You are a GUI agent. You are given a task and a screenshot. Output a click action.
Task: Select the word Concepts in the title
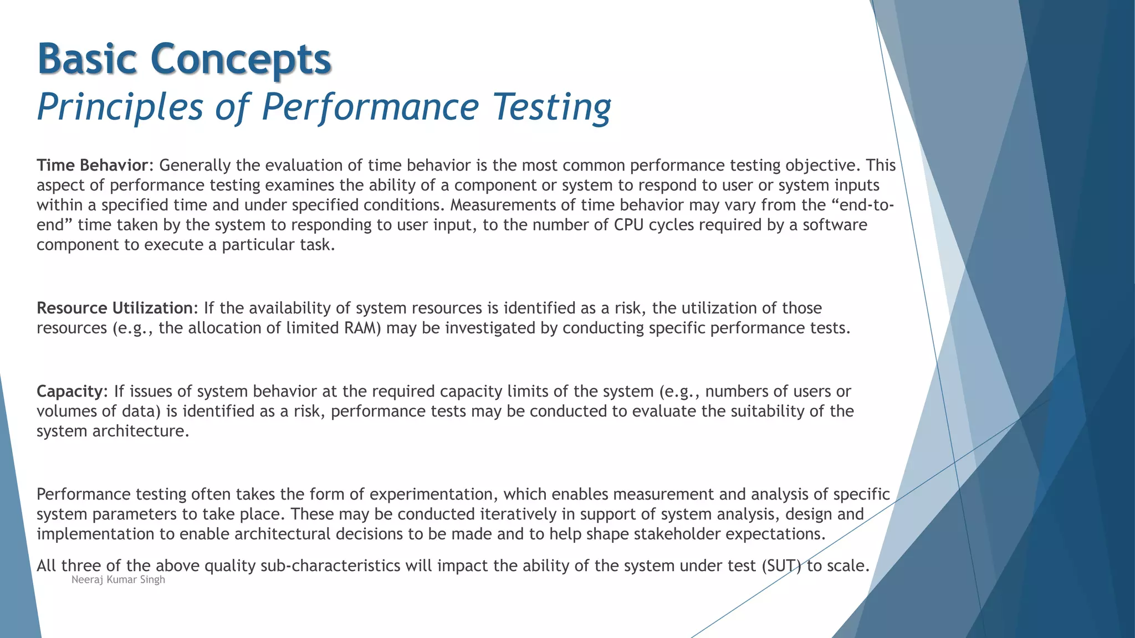click(x=241, y=60)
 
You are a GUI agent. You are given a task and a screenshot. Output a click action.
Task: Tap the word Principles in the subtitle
click(x=120, y=107)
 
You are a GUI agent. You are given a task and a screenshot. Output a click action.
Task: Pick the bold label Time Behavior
click(x=92, y=166)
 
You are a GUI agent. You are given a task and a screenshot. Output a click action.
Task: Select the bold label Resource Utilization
click(x=114, y=308)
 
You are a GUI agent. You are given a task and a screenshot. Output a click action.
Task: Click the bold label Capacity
click(x=69, y=392)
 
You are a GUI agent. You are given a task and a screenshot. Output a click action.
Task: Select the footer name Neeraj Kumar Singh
click(x=118, y=580)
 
